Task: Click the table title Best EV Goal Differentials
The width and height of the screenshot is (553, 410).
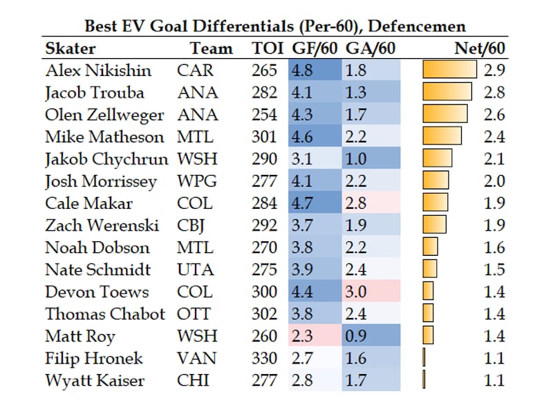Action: [274, 26]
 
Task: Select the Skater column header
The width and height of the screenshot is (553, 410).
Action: [71, 48]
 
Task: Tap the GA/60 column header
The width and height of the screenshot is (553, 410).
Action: [369, 48]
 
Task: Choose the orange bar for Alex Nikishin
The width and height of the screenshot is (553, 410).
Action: [449, 71]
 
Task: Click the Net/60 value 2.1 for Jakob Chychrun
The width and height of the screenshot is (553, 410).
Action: [495, 159]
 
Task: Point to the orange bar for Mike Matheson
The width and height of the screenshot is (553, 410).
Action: [442, 137]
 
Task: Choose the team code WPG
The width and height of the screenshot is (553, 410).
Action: [196, 181]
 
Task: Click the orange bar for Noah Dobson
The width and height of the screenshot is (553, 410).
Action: [431, 248]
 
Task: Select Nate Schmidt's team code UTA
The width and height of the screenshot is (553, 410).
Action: [195, 270]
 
